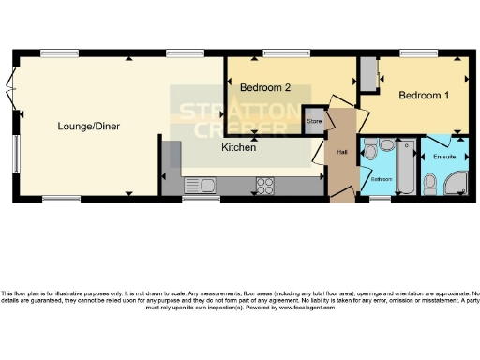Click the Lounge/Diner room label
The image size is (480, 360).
click(88, 126)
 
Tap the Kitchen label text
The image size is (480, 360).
click(240, 147)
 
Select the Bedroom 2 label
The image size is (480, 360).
click(264, 88)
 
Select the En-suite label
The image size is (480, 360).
click(444, 157)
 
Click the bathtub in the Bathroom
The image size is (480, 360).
click(407, 169)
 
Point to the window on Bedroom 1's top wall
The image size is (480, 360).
click(413, 52)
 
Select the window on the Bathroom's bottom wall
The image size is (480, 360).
click(381, 199)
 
